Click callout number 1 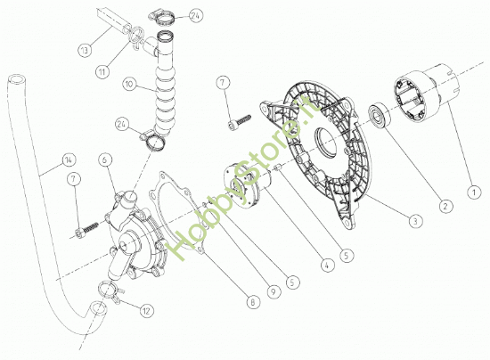coord(474,192)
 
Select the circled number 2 coord(445,206)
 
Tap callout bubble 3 coord(415,221)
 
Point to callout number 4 coord(328,265)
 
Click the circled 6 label coord(105,160)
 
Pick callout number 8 coord(253,302)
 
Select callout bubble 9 coord(274,291)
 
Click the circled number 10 coord(130,84)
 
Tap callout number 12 coord(146,311)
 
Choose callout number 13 coord(85,50)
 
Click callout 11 coord(102,72)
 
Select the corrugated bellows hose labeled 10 coord(165,91)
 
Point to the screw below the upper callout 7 coord(240,122)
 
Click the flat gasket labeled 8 coord(175,212)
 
